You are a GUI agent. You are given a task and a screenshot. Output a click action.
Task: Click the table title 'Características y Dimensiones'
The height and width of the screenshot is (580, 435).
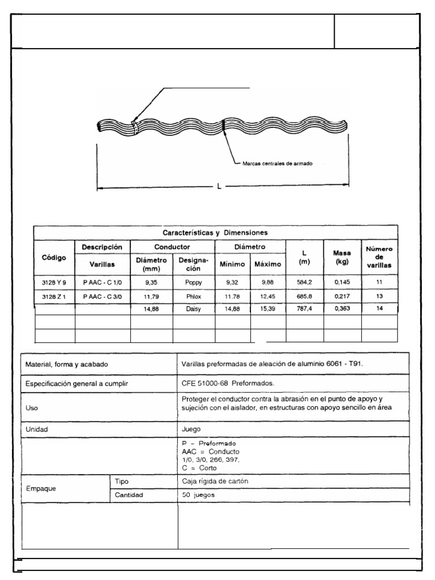click(x=215, y=232)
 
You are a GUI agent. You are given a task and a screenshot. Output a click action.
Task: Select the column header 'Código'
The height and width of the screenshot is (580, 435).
click(x=54, y=257)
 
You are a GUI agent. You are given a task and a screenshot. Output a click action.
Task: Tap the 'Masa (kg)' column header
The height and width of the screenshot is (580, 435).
click(x=342, y=257)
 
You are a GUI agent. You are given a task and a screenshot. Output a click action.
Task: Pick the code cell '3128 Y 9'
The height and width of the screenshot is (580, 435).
click(x=54, y=282)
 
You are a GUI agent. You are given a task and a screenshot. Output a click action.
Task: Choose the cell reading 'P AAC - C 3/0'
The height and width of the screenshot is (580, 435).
click(x=102, y=296)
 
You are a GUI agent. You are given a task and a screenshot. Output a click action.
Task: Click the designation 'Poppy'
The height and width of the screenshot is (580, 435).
click(x=193, y=282)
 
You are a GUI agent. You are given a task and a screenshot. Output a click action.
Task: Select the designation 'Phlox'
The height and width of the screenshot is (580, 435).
click(x=193, y=296)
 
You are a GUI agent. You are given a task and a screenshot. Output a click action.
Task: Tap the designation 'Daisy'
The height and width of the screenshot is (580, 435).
click(x=193, y=309)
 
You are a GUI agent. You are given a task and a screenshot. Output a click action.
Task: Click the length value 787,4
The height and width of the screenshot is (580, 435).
click(x=304, y=309)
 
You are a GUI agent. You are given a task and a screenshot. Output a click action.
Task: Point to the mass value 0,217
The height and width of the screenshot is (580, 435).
click(x=342, y=296)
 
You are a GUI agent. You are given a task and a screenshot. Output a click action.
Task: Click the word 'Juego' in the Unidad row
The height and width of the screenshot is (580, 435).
click(x=190, y=429)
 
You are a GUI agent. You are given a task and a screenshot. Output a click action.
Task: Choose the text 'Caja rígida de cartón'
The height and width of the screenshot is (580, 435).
click(x=215, y=481)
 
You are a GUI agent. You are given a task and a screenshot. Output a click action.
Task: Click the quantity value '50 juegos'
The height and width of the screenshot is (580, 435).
click(x=199, y=494)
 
